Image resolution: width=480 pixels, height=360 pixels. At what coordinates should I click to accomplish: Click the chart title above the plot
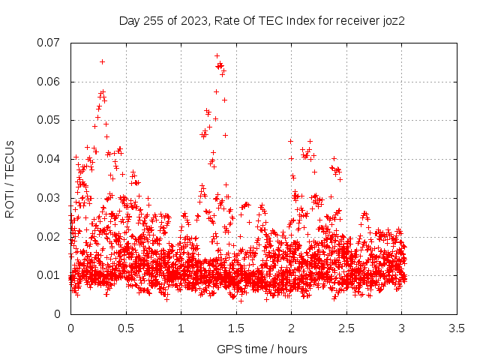point(262,21)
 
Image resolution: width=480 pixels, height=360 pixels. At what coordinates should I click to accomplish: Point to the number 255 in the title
point(153,21)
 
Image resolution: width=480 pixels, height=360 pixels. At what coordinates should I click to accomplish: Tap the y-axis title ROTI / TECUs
point(10,179)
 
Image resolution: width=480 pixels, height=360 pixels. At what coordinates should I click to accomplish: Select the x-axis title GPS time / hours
point(262,349)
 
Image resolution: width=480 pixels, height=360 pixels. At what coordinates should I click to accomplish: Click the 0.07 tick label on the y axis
point(48,43)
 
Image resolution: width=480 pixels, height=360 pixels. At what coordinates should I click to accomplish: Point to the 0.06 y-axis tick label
point(48,82)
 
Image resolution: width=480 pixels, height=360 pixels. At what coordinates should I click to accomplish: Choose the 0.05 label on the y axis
point(48,120)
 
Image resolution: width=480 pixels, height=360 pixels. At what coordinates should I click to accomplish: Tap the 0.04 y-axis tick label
point(48,159)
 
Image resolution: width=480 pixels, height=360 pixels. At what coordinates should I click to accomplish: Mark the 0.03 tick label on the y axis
point(48,198)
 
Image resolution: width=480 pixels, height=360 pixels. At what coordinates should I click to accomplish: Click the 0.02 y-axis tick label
point(48,237)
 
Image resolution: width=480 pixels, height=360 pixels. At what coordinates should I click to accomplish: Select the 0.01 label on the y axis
point(48,275)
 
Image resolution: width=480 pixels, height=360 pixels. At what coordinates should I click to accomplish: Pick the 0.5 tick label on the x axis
point(126,328)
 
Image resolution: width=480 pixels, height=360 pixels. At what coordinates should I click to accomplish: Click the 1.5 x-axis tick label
point(236,328)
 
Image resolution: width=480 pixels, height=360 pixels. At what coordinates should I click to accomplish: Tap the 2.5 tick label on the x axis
point(346,328)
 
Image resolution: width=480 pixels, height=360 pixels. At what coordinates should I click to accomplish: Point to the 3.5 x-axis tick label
point(457,328)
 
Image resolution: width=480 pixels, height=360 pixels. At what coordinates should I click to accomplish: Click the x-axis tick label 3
point(402,328)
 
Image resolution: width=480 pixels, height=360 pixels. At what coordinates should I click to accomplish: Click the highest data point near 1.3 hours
point(217,56)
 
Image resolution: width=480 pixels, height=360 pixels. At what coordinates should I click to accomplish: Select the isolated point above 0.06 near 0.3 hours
point(102,61)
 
